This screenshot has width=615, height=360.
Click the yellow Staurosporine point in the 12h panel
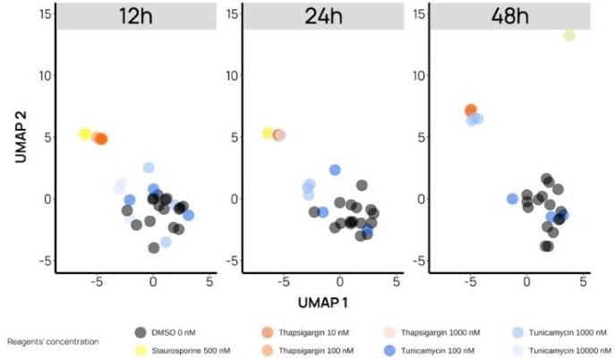[x=85, y=134]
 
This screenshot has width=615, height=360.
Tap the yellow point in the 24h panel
[x=269, y=133]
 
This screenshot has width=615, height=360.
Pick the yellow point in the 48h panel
[x=569, y=35]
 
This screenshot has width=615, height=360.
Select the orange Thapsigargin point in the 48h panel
[x=471, y=110]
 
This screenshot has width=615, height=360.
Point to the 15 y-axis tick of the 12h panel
[x=42, y=13]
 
